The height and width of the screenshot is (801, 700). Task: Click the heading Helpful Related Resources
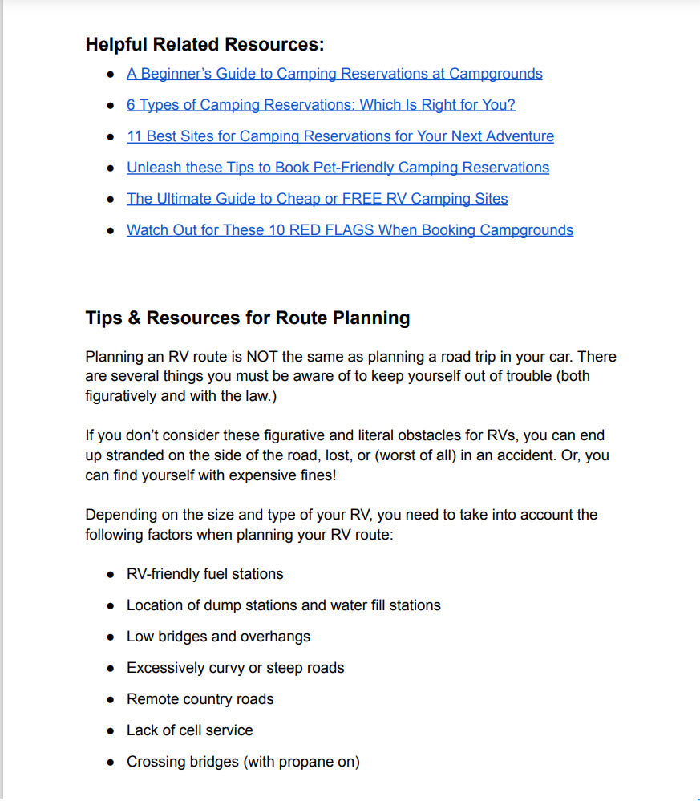point(204,44)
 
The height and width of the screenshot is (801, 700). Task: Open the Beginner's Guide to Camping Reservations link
point(334,74)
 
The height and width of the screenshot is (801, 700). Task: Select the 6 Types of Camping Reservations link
point(321,105)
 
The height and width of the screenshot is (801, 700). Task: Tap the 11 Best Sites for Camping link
point(340,136)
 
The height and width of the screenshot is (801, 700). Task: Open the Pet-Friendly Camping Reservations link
point(338,168)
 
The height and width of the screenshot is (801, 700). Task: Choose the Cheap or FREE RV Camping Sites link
point(317,199)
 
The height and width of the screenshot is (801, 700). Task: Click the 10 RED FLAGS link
point(350,230)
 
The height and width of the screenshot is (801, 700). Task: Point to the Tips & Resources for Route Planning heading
point(247,318)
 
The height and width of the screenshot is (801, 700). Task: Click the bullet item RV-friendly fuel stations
point(204,574)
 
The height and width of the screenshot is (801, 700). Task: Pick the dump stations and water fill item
point(283,605)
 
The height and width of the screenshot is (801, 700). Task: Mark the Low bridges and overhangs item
point(218,637)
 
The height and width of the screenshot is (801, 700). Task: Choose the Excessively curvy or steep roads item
point(235,668)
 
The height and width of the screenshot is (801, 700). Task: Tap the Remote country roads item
point(200,699)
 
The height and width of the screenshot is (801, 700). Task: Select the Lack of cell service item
point(189,730)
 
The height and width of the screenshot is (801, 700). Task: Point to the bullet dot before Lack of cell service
point(111,731)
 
